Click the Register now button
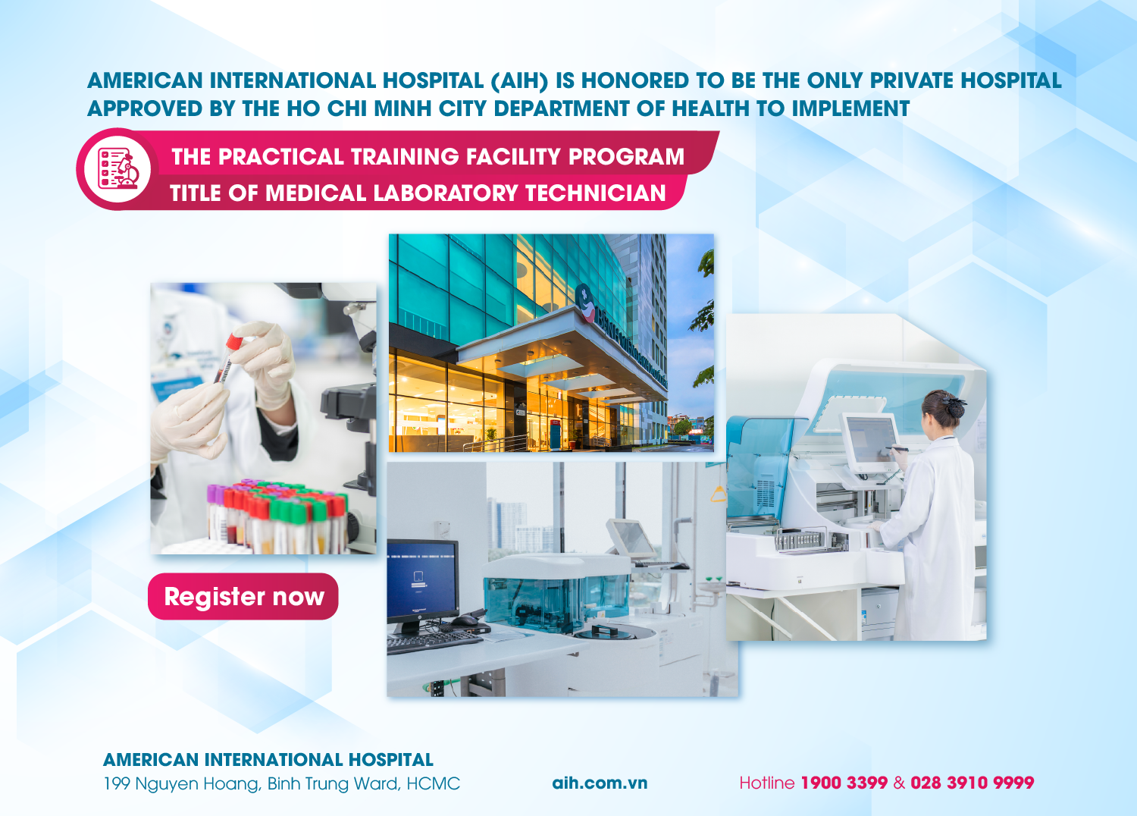pos(243,597)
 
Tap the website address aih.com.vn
pos(600,783)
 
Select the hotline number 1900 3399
pos(844,783)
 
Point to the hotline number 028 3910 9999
pos(972,783)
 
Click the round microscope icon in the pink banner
pos(117,169)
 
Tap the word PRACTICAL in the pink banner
pos(281,157)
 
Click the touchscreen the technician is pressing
pos(870,440)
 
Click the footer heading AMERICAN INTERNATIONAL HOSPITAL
pos(268,760)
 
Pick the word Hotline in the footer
pos(766,783)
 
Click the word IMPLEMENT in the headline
pos(850,109)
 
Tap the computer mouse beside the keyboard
pos(465,620)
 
